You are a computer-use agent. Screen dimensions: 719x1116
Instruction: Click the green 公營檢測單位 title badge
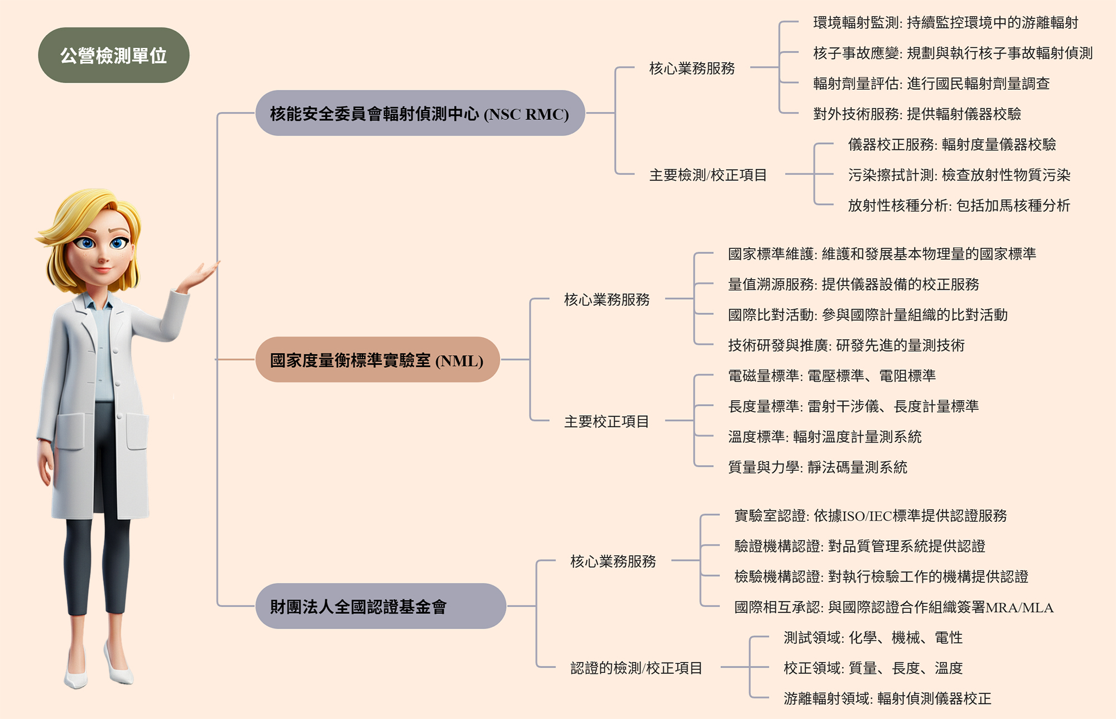pyautogui.click(x=114, y=55)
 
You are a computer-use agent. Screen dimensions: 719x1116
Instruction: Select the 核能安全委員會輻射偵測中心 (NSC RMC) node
pyautogui.click(x=420, y=113)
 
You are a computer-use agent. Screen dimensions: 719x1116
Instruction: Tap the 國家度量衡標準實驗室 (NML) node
pyautogui.click(x=377, y=360)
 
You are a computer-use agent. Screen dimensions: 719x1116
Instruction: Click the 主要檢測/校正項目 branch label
pyautogui.click(x=708, y=175)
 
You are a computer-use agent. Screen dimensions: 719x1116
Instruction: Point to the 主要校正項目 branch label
pyautogui.click(x=607, y=421)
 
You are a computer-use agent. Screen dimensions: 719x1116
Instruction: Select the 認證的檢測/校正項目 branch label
pyautogui.click(x=636, y=668)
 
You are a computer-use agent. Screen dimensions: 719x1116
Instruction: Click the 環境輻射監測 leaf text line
pyautogui.click(x=945, y=23)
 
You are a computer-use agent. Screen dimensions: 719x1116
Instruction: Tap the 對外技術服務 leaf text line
pyautogui.click(x=917, y=114)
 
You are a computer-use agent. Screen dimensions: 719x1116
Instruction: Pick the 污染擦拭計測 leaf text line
pyautogui.click(x=959, y=175)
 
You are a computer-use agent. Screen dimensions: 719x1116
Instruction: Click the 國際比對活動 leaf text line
pyautogui.click(x=868, y=315)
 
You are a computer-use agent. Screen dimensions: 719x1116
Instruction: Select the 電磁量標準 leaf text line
pyautogui.click(x=831, y=376)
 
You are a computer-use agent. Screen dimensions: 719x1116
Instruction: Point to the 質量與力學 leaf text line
pyautogui.click(x=817, y=467)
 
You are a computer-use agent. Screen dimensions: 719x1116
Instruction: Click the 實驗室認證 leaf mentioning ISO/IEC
pyautogui.click(x=870, y=516)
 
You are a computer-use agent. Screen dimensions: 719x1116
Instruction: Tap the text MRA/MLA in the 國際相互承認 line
pyautogui.click(x=1019, y=607)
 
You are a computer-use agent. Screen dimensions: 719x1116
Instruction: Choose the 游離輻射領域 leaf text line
pyautogui.click(x=887, y=698)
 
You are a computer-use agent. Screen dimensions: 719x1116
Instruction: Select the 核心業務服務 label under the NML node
pyautogui.click(x=607, y=300)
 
